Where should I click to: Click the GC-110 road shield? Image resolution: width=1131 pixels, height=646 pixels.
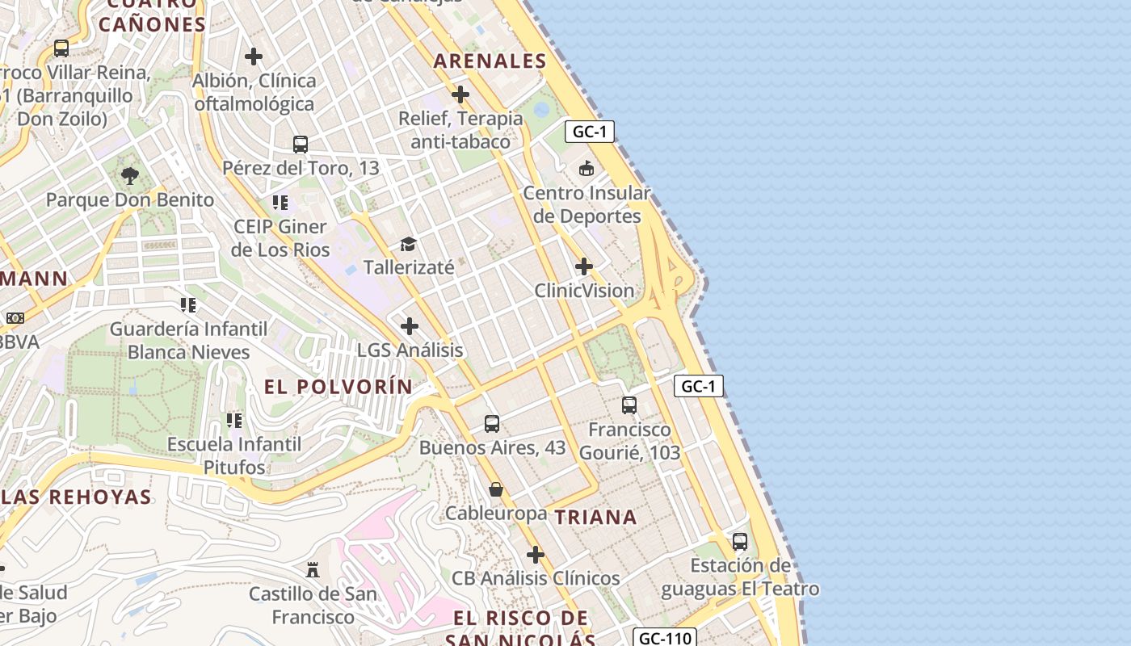[x=664, y=638]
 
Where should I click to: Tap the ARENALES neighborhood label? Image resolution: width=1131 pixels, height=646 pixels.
[x=490, y=61]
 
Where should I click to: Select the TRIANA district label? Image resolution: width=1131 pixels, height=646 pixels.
[x=596, y=518]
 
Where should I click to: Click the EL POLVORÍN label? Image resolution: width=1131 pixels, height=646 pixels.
[x=338, y=387]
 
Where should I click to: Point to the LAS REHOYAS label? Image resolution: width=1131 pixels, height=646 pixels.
[x=77, y=497]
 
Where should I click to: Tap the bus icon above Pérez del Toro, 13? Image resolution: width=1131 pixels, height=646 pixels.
[x=301, y=145]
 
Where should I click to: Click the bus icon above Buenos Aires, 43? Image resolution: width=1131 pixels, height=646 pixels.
[x=492, y=424]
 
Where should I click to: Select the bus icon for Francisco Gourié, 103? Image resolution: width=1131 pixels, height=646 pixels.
[x=629, y=405]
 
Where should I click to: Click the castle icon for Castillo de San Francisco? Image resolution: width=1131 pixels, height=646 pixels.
[x=313, y=570]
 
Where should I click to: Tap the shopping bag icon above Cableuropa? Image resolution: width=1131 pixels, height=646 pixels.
[x=496, y=489]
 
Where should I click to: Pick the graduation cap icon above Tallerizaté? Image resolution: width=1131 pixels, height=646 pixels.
[x=409, y=244]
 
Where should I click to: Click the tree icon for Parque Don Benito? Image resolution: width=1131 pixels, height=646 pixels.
[x=129, y=175]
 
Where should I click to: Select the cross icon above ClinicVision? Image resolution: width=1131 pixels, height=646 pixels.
[x=584, y=266]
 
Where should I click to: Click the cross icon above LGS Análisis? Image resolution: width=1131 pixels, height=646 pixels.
[x=410, y=326]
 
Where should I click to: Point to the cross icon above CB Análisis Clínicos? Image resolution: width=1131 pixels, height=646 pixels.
[x=536, y=555]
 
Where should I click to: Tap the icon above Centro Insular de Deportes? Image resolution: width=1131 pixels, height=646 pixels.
[x=587, y=169]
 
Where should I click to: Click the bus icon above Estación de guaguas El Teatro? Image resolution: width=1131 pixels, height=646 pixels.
[x=740, y=542]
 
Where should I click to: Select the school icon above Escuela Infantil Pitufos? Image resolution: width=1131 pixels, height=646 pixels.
[x=234, y=420]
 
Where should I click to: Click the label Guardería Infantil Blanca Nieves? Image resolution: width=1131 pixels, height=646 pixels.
[x=189, y=340]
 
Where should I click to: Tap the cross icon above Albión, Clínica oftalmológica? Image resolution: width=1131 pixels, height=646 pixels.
[x=254, y=57]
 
